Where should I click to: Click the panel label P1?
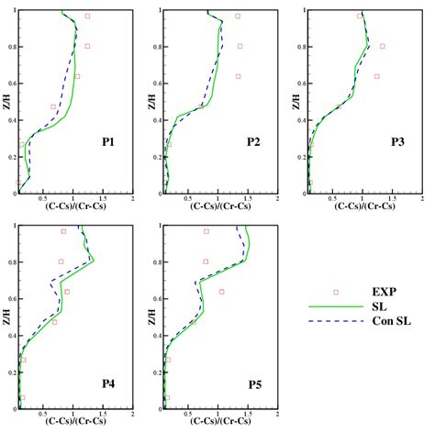(108, 143)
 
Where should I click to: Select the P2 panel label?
(253, 143)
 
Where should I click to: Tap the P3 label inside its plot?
(396, 143)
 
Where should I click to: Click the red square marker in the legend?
(336, 292)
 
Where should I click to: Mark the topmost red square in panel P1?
(88, 17)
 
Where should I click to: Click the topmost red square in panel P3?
(360, 16)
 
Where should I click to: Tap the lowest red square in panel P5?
(167, 398)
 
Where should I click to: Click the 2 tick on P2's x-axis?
(276, 199)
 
